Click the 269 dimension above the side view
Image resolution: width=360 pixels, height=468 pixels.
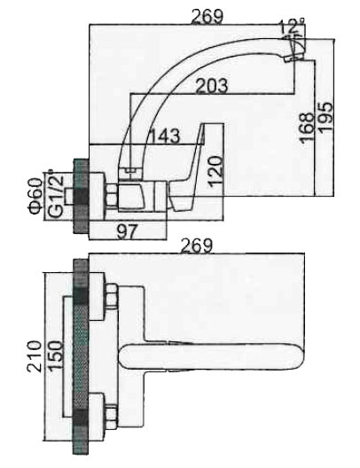coord(207,17)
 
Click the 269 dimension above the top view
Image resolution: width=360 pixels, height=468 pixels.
coord(198,246)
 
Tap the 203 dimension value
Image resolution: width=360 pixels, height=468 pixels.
coord(212,86)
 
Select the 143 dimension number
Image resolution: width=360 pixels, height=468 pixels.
coord(164,136)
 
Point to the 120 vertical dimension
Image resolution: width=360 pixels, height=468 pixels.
coord(215,171)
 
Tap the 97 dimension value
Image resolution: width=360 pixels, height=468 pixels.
coord(127,232)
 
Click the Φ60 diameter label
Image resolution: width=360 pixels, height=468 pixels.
coord(35,196)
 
